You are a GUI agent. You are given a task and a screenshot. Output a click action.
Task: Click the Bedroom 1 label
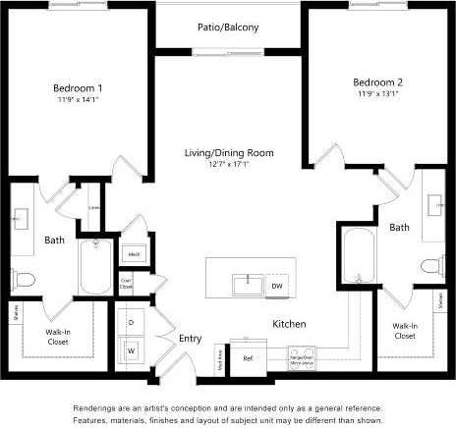[78, 87]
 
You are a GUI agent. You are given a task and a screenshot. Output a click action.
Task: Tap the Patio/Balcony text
[229, 27]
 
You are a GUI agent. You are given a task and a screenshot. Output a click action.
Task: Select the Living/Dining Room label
[228, 153]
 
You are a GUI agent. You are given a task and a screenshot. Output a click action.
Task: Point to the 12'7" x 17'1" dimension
[228, 165]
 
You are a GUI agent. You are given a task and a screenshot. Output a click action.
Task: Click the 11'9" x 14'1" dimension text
[78, 99]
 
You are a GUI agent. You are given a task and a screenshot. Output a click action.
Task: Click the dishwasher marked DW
[278, 284]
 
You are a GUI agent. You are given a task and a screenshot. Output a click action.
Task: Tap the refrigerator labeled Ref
[248, 357]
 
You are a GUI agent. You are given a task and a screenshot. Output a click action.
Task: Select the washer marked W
[131, 348]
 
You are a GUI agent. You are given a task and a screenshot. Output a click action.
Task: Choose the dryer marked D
[131, 321]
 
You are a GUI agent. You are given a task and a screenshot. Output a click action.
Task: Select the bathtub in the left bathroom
[96, 268]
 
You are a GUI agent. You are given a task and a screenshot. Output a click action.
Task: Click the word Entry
[190, 339]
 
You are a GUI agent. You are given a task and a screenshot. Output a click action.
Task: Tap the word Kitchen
[289, 323]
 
